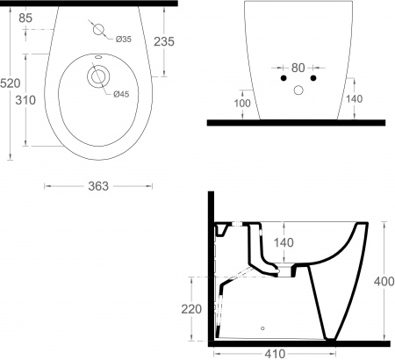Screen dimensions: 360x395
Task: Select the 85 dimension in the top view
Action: pos(25,18)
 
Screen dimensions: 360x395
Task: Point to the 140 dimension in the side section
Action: pos(284,241)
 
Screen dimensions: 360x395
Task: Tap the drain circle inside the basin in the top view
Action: pos(96,78)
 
